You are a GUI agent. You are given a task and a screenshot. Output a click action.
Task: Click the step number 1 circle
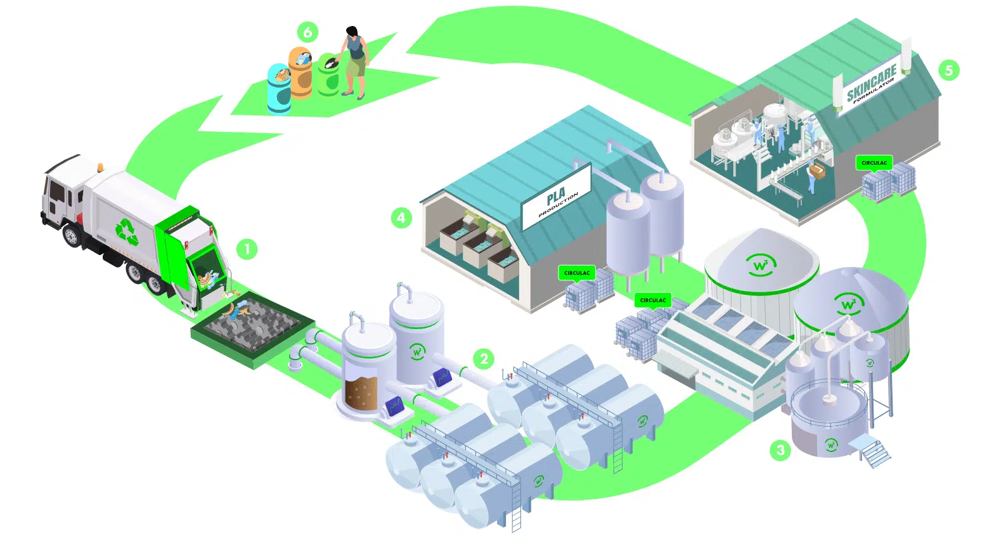(247, 249)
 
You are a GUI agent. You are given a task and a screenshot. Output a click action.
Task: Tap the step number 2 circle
(484, 359)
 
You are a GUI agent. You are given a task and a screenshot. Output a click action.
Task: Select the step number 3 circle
(780, 450)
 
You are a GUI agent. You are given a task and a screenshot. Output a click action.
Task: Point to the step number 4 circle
(401, 218)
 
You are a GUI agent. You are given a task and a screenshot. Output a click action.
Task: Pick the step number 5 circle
(948, 70)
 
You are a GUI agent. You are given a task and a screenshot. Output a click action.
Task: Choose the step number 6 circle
(307, 32)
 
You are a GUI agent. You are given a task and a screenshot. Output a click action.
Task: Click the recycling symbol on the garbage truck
(127, 231)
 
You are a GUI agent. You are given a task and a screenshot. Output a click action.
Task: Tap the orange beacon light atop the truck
(100, 167)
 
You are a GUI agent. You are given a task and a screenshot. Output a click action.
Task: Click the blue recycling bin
(279, 89)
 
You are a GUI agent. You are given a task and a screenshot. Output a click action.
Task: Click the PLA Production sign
(557, 197)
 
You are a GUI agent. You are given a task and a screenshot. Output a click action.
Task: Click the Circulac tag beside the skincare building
(874, 163)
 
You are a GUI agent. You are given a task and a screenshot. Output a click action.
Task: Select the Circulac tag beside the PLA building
(577, 273)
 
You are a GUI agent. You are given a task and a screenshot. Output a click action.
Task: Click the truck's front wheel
(71, 236)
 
